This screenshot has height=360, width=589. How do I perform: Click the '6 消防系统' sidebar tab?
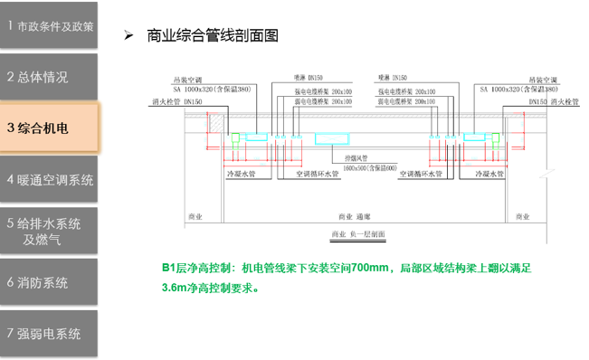pyautogui.click(x=38, y=282)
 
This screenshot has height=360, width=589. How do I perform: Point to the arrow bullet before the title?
pyautogui.click(x=128, y=36)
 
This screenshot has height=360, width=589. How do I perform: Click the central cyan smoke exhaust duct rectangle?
pyautogui.click(x=335, y=139)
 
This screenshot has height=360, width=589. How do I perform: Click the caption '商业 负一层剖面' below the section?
pyautogui.click(x=356, y=234)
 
